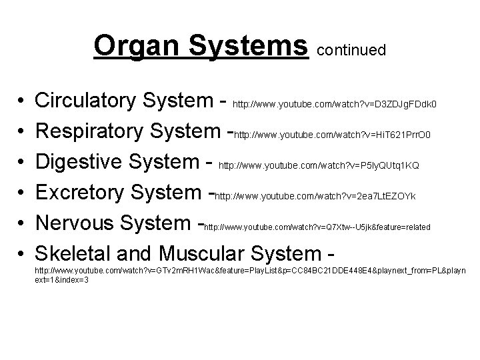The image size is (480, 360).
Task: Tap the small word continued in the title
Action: pos(351,50)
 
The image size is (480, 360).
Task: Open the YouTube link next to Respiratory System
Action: pos(337,135)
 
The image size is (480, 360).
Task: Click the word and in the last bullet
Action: pos(135,253)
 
